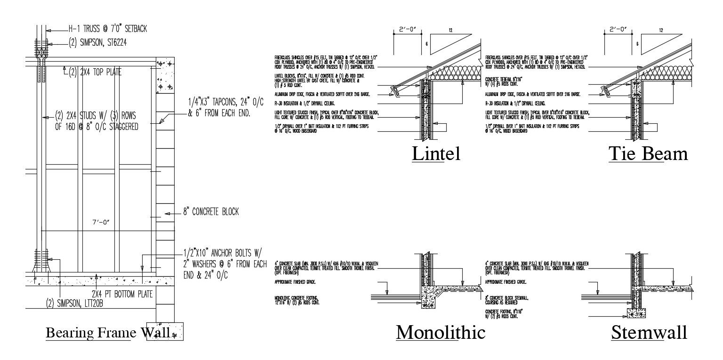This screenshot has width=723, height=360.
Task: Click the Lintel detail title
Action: click(436, 154)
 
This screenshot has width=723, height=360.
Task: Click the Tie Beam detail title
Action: click(648, 154)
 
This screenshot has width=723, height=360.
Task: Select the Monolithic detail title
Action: click(441, 332)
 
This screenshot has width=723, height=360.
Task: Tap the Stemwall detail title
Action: click(649, 333)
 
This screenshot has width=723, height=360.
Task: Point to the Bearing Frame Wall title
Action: click(107, 333)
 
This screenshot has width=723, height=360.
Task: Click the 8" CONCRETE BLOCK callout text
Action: click(211, 212)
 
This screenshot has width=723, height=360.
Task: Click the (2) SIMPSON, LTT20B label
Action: click(80, 303)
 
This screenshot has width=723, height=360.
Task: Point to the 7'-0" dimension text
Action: click(101, 221)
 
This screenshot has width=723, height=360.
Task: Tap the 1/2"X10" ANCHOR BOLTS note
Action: click(225, 264)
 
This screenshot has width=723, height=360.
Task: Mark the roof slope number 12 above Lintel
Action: click(450, 31)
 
